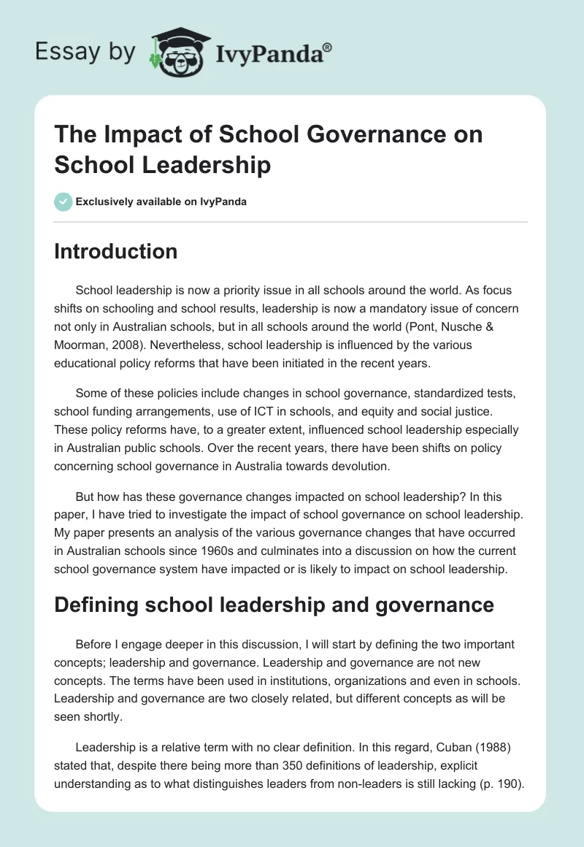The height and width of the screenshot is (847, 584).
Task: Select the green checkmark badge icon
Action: (x=64, y=202)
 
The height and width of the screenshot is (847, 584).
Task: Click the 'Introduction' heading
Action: (x=115, y=251)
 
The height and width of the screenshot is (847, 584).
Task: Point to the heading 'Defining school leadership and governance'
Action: (x=274, y=605)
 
